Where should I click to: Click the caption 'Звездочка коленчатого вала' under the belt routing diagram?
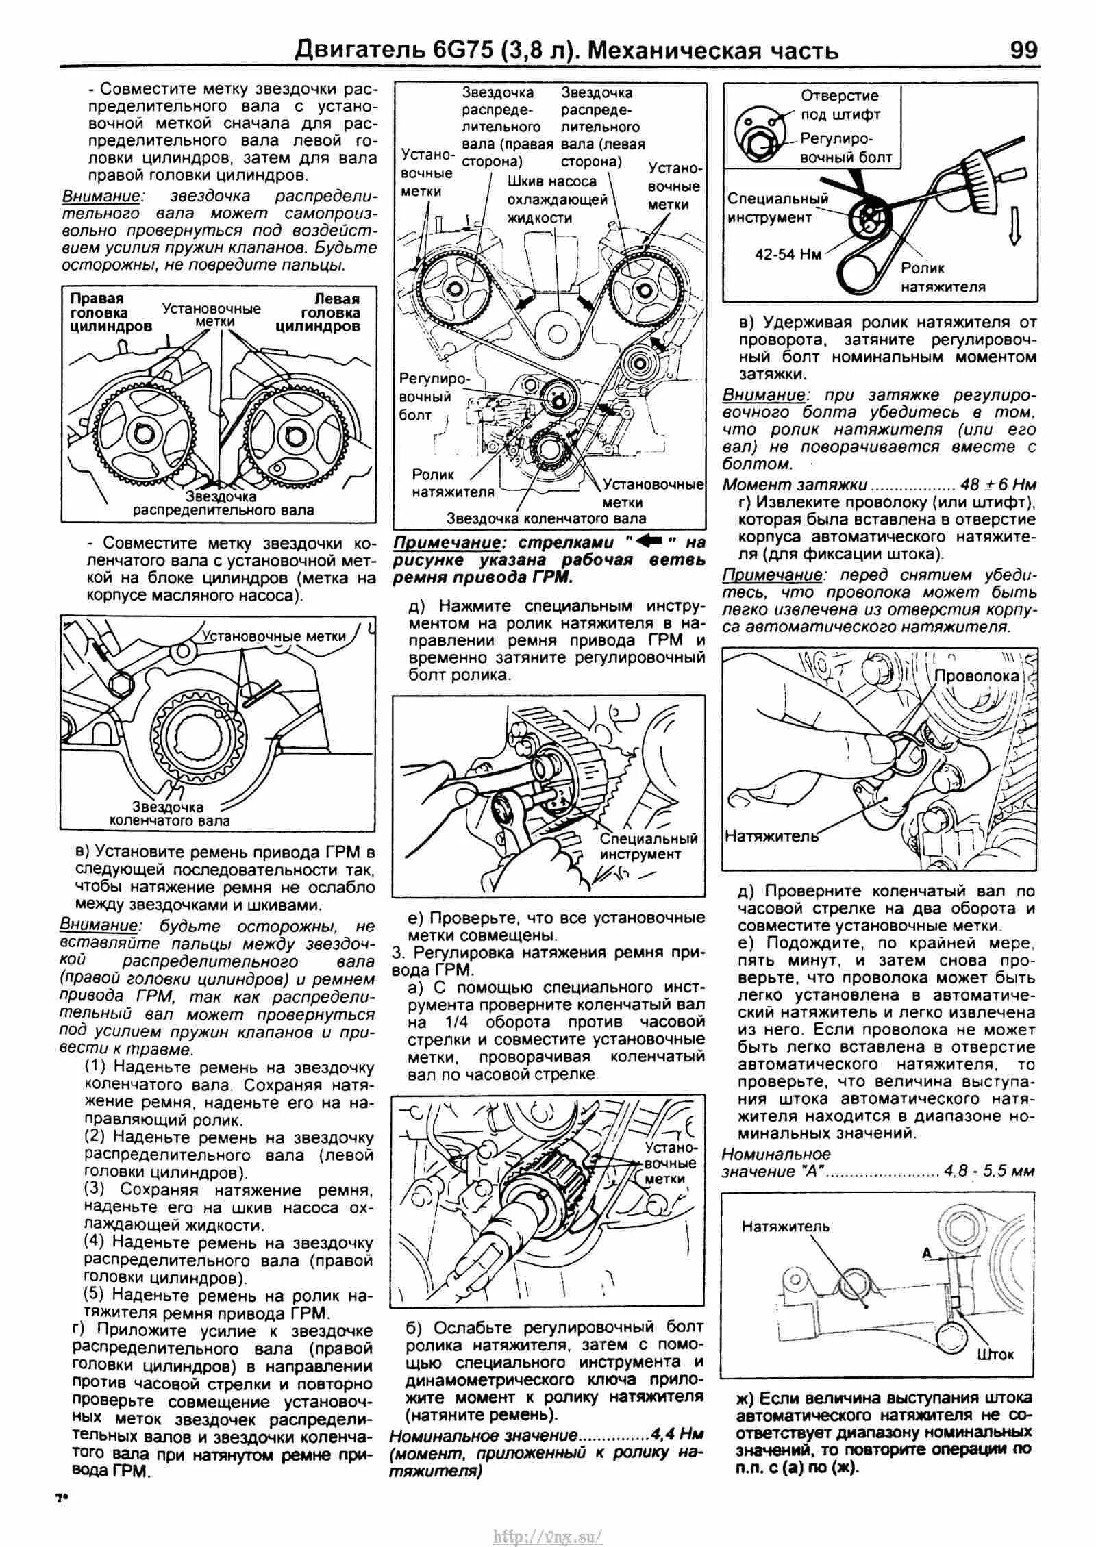(x=546, y=518)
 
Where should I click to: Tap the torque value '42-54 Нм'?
(x=788, y=254)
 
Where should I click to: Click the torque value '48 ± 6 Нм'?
(x=998, y=485)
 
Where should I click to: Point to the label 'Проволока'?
(x=976, y=676)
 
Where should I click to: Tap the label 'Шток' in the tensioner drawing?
(x=996, y=1355)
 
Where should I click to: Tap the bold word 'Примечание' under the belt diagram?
(x=438, y=543)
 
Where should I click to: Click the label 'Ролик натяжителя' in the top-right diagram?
(x=943, y=277)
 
